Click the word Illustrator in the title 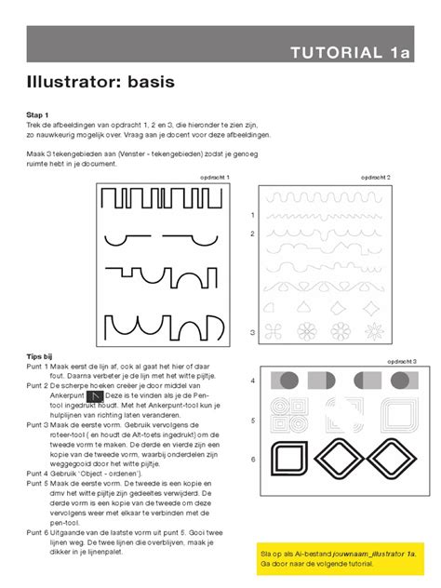point(74,83)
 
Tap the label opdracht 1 point(215,177)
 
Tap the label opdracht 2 point(375,177)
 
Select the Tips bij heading point(43,355)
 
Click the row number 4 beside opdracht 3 point(252,381)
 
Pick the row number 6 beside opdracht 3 point(252,459)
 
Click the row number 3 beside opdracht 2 point(252,332)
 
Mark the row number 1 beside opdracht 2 point(252,215)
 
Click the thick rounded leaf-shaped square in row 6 point(287,459)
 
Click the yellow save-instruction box point(339,558)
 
